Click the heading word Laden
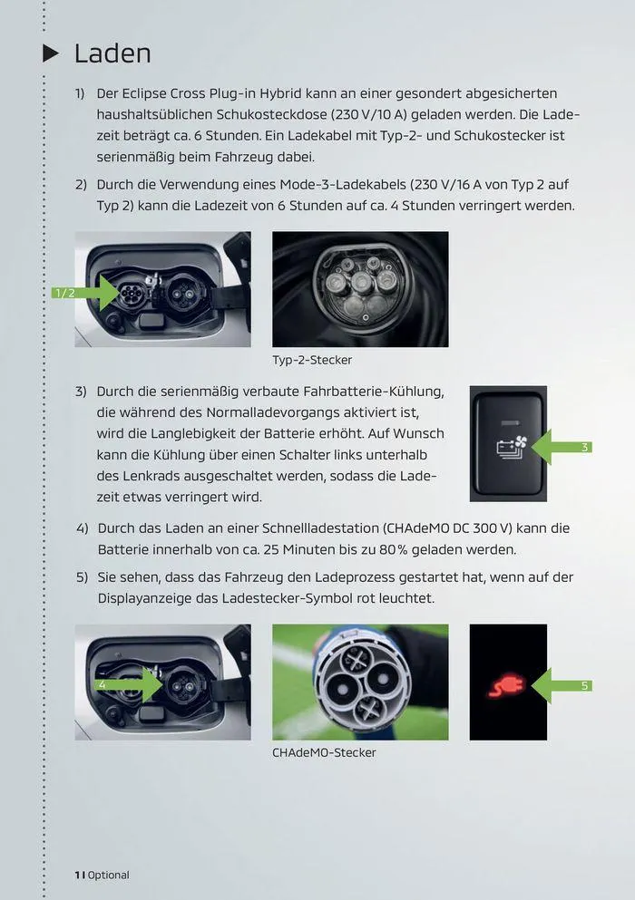(x=112, y=53)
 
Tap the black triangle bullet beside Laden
(x=52, y=53)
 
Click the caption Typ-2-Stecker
(x=312, y=360)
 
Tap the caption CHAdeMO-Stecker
(x=324, y=752)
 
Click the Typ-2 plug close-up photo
(x=360, y=289)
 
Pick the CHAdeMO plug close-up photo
(x=360, y=682)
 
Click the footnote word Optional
(x=108, y=875)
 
